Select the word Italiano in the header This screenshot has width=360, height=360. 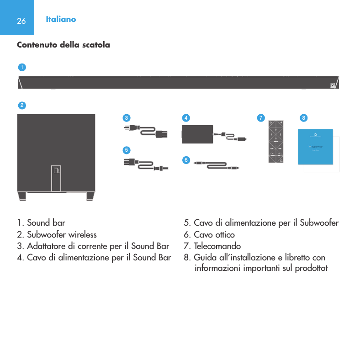[x=61, y=20]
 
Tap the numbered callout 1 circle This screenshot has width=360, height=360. [x=21, y=67]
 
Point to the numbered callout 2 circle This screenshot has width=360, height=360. [x=21, y=105]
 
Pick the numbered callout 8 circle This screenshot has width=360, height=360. [x=303, y=117]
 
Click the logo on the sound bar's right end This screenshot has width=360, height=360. [x=333, y=85]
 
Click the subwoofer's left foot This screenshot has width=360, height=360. [x=22, y=196]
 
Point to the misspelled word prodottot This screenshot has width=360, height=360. [x=309, y=267]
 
